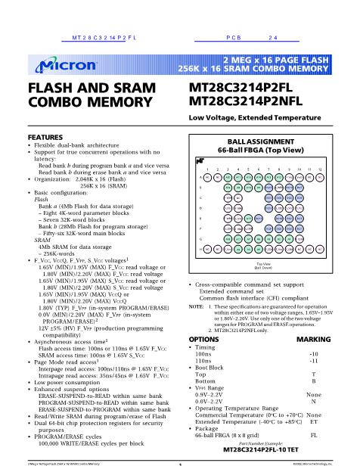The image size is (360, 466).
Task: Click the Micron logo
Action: point(57,66)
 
